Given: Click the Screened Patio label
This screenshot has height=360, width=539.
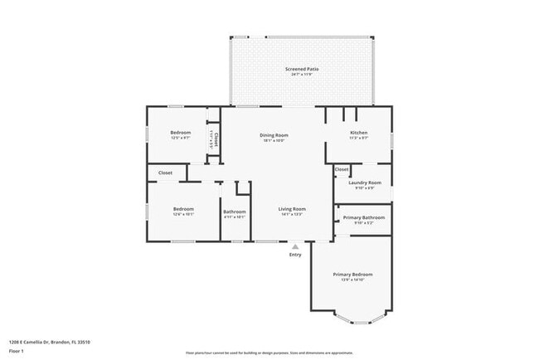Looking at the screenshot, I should point(301,69).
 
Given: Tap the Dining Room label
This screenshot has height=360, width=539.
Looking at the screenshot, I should point(274,134).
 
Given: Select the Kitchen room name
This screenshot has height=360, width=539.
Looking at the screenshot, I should point(358,133).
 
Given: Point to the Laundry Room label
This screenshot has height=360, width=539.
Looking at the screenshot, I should point(364,182).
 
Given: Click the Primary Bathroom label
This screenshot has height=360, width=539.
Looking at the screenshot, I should point(364,217).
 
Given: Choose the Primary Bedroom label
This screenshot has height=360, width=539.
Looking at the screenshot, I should point(352,274).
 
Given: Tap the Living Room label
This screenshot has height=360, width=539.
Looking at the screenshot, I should point(292,208).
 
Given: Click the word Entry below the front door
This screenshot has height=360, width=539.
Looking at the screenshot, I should point(295,255).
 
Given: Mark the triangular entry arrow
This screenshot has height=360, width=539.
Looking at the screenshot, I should point(295,246).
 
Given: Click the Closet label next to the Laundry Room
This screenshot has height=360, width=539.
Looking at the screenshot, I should point(342,169).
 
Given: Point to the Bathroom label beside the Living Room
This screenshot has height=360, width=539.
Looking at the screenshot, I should point(235,211).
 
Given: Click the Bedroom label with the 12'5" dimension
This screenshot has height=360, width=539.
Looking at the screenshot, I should point(181,133).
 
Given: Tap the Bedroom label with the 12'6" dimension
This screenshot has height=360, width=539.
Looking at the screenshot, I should point(183,208).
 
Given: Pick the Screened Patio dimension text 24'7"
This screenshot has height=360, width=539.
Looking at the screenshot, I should point(301,75).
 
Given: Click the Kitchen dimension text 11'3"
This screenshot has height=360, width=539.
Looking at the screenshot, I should point(358,139).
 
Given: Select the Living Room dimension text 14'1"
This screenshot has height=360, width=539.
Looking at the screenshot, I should point(292,214).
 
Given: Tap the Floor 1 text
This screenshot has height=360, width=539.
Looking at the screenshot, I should point(17,350).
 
